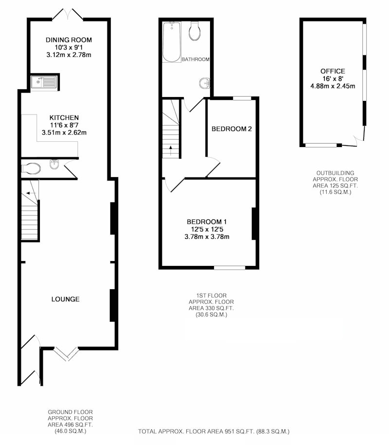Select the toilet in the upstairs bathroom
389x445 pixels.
pyautogui.click(x=195, y=31)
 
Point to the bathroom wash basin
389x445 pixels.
pyautogui.click(x=205, y=83)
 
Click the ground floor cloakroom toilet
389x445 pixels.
pyautogui.click(x=31, y=168)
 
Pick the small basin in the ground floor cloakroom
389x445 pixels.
pyautogui.click(x=54, y=165)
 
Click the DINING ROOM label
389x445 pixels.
pyautogui.click(x=69, y=40)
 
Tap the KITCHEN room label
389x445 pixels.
pyautogui.click(x=64, y=117)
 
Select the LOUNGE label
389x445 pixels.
pyautogui.click(x=66, y=299)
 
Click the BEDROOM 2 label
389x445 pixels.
pyautogui.click(x=232, y=129)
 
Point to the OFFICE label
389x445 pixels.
pyautogui.click(x=333, y=71)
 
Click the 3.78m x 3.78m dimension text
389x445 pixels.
pyautogui.click(x=207, y=237)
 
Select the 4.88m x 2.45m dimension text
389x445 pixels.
pyautogui.click(x=333, y=86)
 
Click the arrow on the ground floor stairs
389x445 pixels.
pyautogui.click(x=31, y=193)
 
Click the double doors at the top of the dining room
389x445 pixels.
pyautogui.click(x=68, y=14)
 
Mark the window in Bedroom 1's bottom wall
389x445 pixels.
pyautogui.click(x=230, y=267)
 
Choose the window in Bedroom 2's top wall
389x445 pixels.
pyautogui.click(x=242, y=98)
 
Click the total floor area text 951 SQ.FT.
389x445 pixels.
pyautogui.click(x=214, y=432)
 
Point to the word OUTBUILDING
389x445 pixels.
pyautogui.click(x=335, y=173)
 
